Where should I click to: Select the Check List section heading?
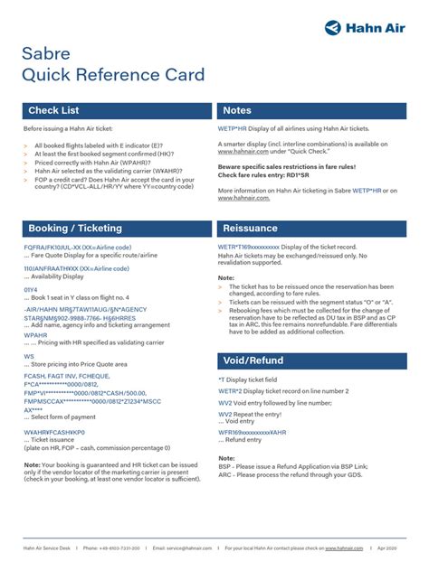[x=53, y=110]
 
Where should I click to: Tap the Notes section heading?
[x=237, y=110]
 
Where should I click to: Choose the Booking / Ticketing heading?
[x=75, y=228]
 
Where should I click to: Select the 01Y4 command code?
[x=32, y=289]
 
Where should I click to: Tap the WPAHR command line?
[x=35, y=334]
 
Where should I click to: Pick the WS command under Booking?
[x=29, y=357]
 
